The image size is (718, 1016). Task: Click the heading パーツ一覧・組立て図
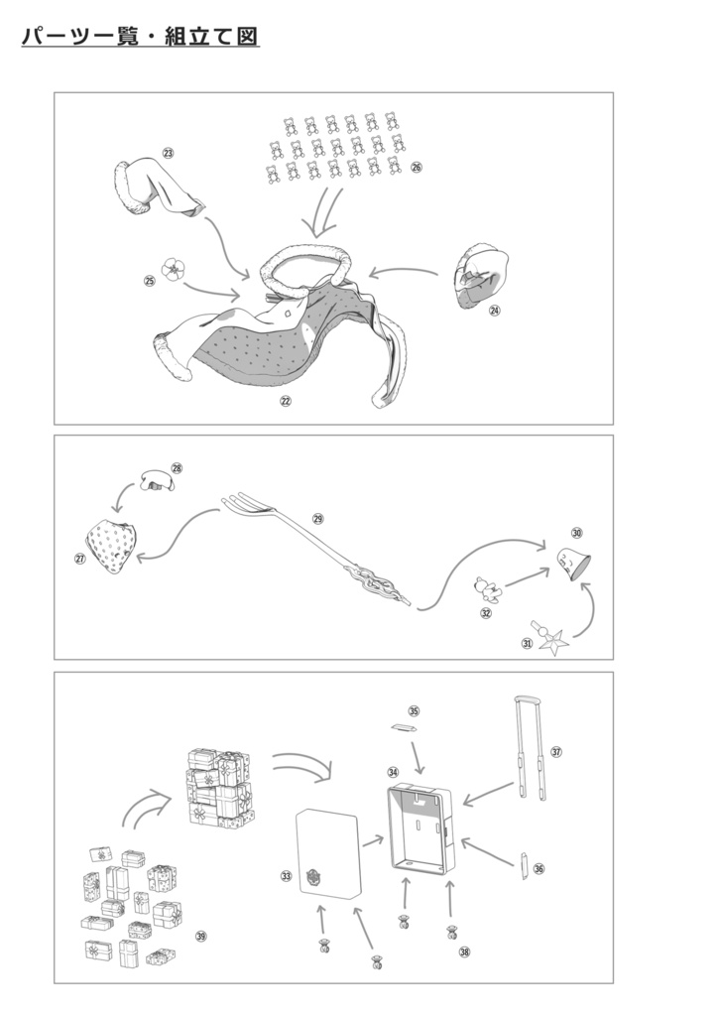click(140, 36)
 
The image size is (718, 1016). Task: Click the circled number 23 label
click(169, 153)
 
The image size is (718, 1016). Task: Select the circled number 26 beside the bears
click(416, 167)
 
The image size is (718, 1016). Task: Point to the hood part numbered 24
click(482, 275)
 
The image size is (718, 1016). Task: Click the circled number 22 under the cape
click(286, 401)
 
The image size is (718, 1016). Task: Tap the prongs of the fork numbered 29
click(242, 503)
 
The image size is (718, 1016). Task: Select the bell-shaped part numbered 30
click(573, 564)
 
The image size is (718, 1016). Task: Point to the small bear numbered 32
click(487, 589)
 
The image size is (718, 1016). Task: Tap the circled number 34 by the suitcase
click(393, 772)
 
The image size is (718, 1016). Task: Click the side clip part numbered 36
click(523, 867)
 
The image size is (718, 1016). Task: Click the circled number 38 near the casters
click(464, 952)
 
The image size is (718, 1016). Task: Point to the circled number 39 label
click(201, 936)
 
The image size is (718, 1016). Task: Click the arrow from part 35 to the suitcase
click(419, 756)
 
